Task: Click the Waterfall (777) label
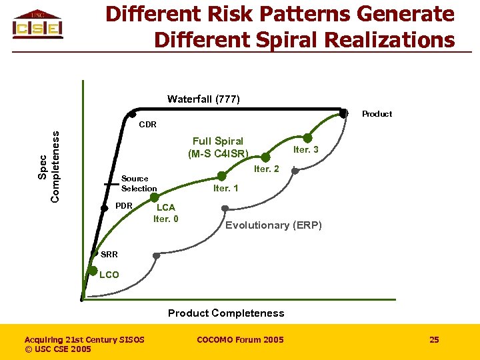[203, 99]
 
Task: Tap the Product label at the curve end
[377, 114]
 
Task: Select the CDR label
[147, 125]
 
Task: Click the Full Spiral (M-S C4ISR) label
[218, 147]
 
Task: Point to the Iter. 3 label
[306, 149]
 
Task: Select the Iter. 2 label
[267, 169]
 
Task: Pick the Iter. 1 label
[225, 189]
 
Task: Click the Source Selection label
[139, 183]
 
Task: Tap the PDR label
[124, 205]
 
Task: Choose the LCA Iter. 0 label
[166, 213]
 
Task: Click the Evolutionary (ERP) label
[273, 225]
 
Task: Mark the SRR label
[109, 255]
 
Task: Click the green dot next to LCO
[93, 271]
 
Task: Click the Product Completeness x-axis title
[226, 313]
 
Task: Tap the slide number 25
[434, 340]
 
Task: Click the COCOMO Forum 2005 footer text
[240, 340]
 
